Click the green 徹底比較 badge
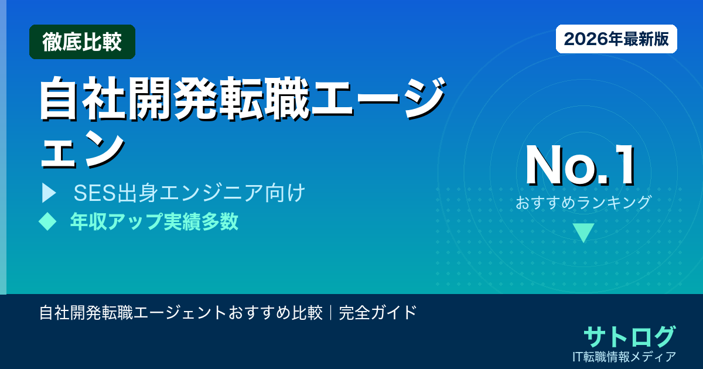pyautogui.click(x=82, y=42)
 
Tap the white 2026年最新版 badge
pyautogui.click(x=616, y=39)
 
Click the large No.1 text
pyautogui.click(x=579, y=166)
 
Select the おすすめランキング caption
pyautogui.click(x=583, y=203)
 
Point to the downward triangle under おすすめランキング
pyautogui.click(x=583, y=233)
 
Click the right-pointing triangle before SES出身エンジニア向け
pyautogui.click(x=49, y=193)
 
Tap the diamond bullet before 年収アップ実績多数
pyautogui.click(x=47, y=221)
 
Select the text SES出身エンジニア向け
pyautogui.click(x=189, y=193)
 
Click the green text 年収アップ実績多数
pyautogui.click(x=154, y=221)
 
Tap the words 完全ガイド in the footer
pyautogui.click(x=378, y=312)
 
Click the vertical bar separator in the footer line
pyautogui.click(x=331, y=312)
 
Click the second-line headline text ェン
pyautogui.click(x=81, y=148)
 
